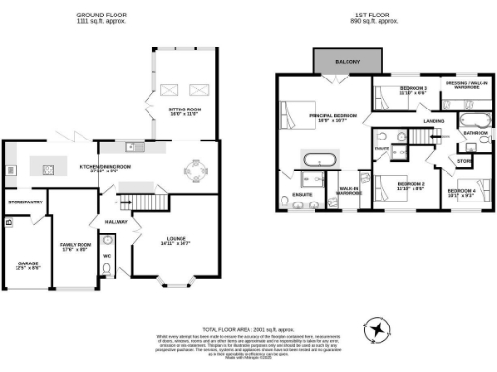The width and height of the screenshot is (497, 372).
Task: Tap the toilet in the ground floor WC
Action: pos(107,272)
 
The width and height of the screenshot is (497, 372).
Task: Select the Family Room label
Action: pos(75,246)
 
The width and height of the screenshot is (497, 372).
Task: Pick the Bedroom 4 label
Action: pos(460,191)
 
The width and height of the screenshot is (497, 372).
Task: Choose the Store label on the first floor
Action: pos(464,160)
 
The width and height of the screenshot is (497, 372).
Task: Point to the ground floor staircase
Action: pos(142,201)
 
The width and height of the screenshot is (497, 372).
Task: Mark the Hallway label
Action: pos(117,222)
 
